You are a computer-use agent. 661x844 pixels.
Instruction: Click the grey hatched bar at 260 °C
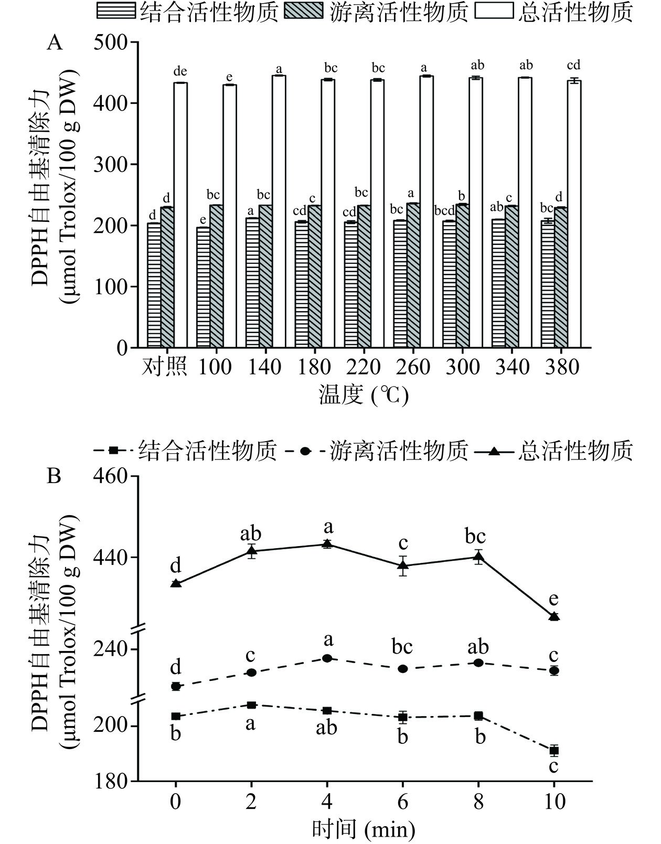[413, 275]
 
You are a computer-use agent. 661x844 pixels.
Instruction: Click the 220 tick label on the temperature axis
[364, 367]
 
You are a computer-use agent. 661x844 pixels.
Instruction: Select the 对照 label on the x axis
[164, 367]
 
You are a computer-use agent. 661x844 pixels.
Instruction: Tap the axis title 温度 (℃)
[364, 395]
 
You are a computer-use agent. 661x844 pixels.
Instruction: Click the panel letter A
[55, 42]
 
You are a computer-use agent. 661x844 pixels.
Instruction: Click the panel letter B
[54, 476]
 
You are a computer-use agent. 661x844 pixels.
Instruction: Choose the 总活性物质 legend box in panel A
[494, 12]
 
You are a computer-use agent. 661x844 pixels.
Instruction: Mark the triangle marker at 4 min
[327, 543]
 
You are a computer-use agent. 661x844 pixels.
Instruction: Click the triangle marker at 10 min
[554, 616]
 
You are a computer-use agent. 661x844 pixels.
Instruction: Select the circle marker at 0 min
[176, 686]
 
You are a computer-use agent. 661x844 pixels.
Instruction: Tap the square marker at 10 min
[554, 751]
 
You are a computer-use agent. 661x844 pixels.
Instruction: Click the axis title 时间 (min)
[364, 829]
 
